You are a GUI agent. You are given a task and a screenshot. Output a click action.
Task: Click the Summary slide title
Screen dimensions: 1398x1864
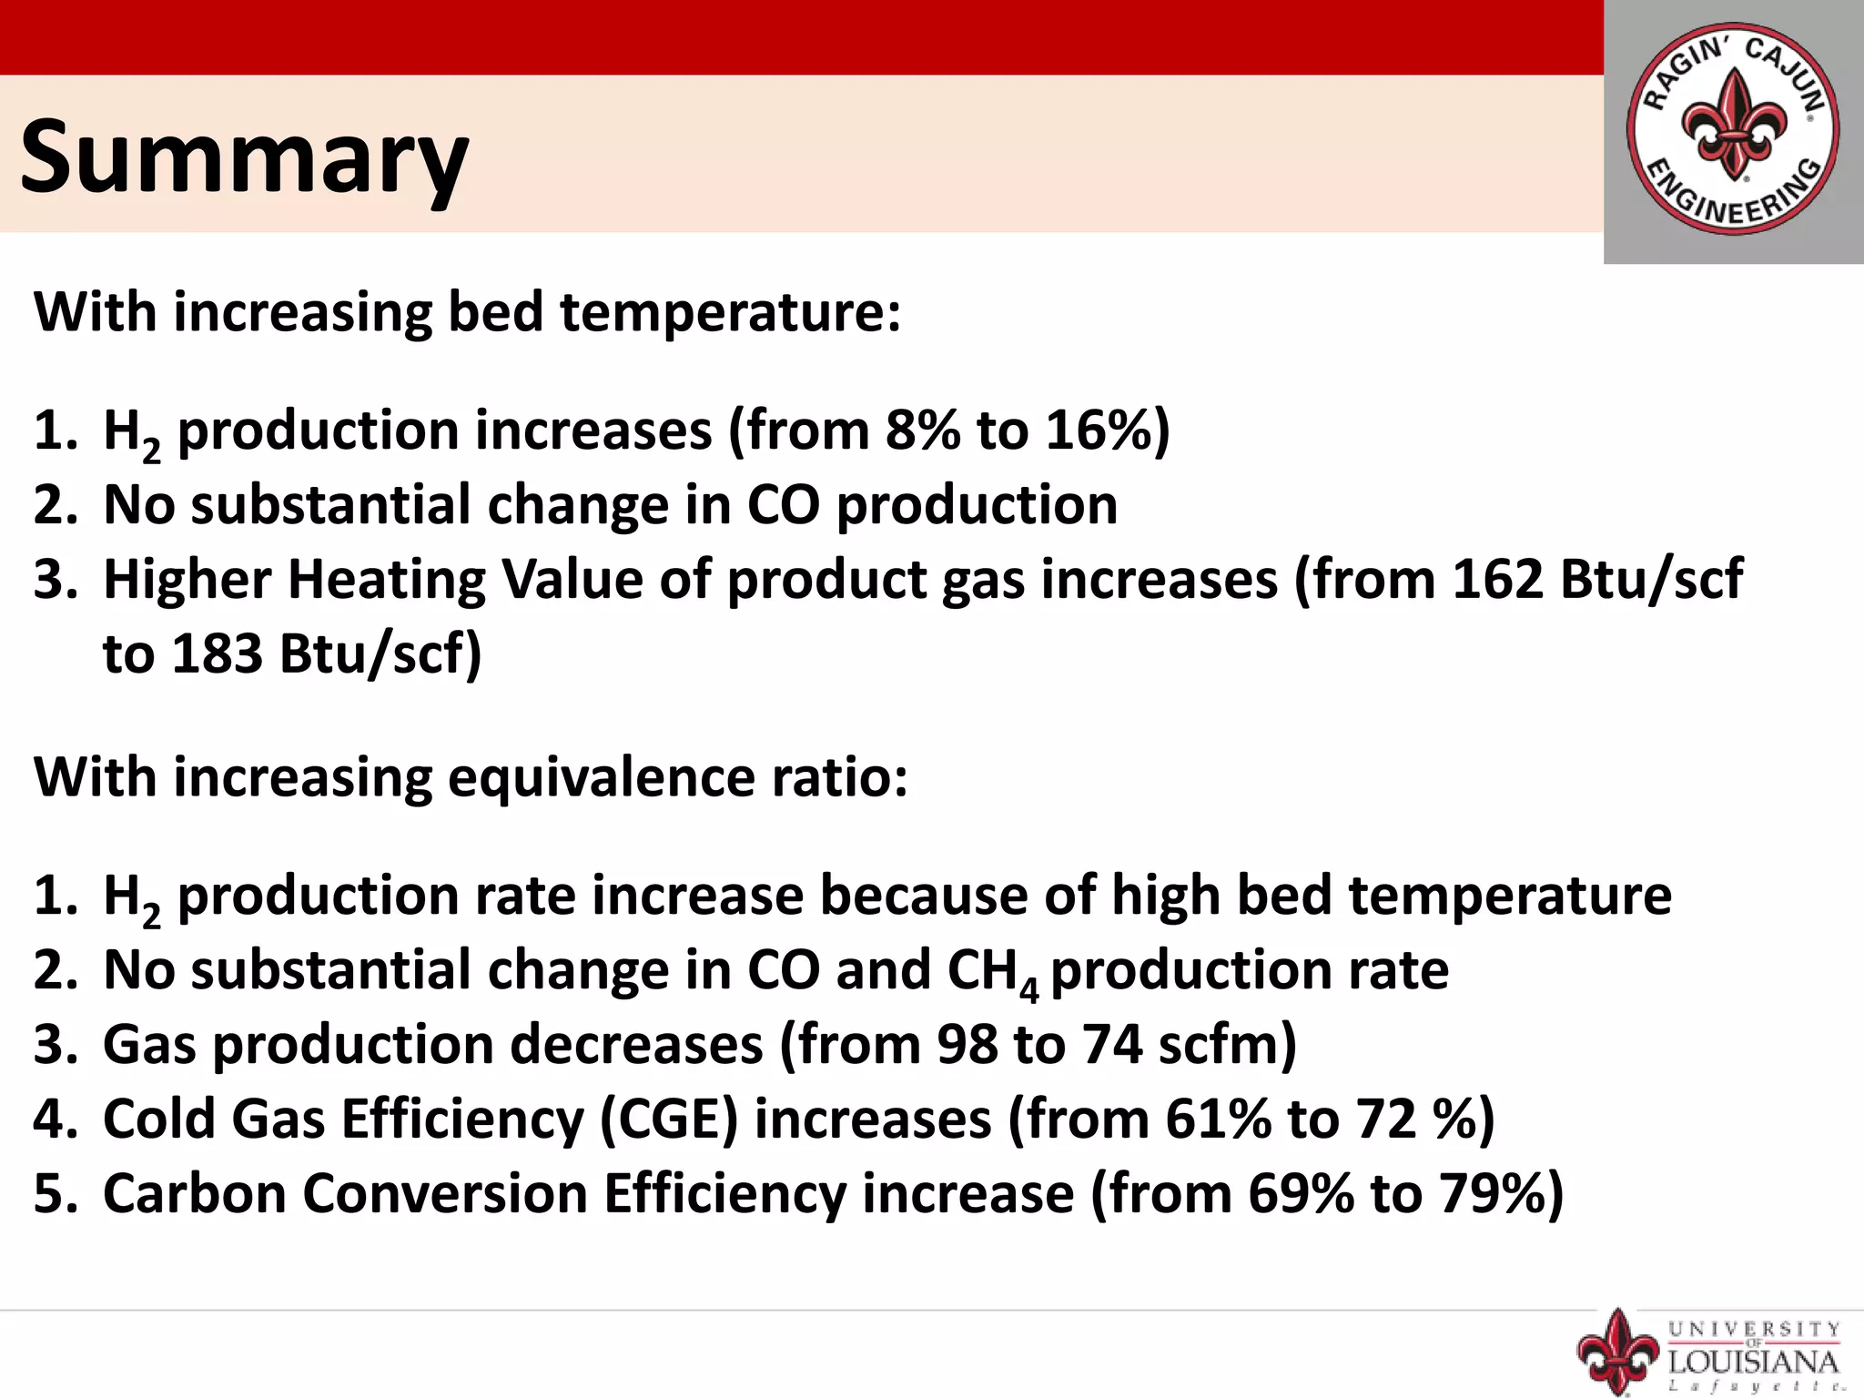coord(244,157)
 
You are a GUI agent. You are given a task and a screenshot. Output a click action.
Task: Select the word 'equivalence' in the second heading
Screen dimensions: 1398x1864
coord(601,778)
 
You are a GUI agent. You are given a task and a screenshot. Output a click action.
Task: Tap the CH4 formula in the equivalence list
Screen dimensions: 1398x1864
coord(992,971)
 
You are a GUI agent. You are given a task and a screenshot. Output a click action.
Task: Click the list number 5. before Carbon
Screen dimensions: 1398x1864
coord(56,1193)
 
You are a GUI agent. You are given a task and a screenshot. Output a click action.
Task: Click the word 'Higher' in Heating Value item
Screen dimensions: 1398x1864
coord(187,579)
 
